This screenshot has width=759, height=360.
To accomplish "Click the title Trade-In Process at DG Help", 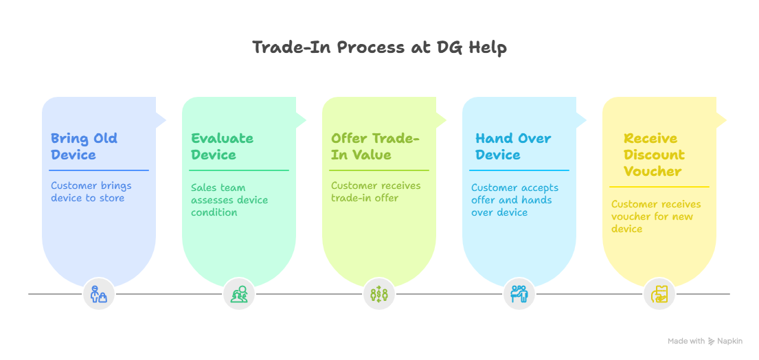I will click(379, 47).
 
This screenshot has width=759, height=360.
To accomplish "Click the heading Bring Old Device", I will click(84, 146).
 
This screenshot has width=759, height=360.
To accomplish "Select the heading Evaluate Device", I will click(222, 146).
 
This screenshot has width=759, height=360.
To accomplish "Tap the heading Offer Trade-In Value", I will click(374, 146).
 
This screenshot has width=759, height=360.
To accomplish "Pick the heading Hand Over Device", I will click(513, 146).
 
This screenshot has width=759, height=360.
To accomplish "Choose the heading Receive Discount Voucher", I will click(654, 155).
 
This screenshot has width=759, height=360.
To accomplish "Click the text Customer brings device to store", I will click(91, 192).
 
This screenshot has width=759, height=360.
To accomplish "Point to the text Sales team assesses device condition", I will click(229, 200).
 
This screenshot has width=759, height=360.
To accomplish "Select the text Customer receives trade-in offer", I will click(376, 192).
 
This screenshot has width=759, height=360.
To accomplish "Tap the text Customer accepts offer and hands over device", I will click(514, 200).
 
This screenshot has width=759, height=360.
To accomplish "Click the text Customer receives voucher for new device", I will click(656, 216).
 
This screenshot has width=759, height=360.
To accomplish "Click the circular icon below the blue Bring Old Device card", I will click(99, 295).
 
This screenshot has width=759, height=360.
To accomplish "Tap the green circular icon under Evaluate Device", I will click(239, 295).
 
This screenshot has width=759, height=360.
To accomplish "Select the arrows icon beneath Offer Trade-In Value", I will click(379, 295).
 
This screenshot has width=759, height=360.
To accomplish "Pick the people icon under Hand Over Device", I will click(519, 295).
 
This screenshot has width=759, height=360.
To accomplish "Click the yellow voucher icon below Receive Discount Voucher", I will click(659, 295).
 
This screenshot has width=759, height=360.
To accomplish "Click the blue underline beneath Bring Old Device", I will click(100, 170).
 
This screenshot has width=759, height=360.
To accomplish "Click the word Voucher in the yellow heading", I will click(653, 171).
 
